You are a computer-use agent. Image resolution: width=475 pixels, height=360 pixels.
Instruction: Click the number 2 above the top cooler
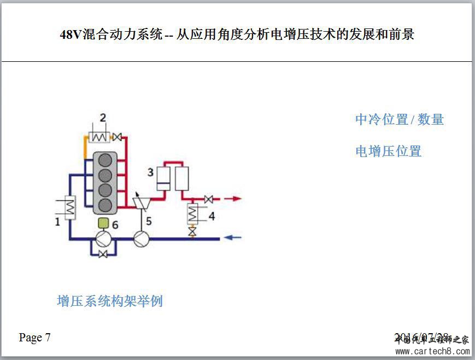(103, 117)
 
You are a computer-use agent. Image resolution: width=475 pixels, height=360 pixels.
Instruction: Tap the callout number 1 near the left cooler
(57, 222)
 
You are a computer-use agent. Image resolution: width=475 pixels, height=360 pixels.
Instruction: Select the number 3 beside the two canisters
(150, 172)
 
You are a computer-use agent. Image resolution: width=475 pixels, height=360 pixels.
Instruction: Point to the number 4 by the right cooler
(211, 216)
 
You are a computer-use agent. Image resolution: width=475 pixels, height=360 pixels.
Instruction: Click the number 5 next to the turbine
(148, 222)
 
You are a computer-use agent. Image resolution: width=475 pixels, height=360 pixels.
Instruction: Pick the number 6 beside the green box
(115, 224)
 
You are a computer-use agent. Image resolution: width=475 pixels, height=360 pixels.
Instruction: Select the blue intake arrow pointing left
(233, 238)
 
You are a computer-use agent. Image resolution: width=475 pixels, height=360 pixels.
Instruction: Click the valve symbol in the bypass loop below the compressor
(103, 254)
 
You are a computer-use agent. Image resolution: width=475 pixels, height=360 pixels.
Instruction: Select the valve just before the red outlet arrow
(208, 199)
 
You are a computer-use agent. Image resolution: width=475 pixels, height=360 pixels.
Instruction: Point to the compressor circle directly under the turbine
(142, 239)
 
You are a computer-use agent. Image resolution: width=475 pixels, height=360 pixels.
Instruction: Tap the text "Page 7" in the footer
(35, 338)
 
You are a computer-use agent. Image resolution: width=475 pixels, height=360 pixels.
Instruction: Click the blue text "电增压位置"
(388, 152)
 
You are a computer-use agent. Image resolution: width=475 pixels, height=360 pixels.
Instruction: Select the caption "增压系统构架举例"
(110, 301)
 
